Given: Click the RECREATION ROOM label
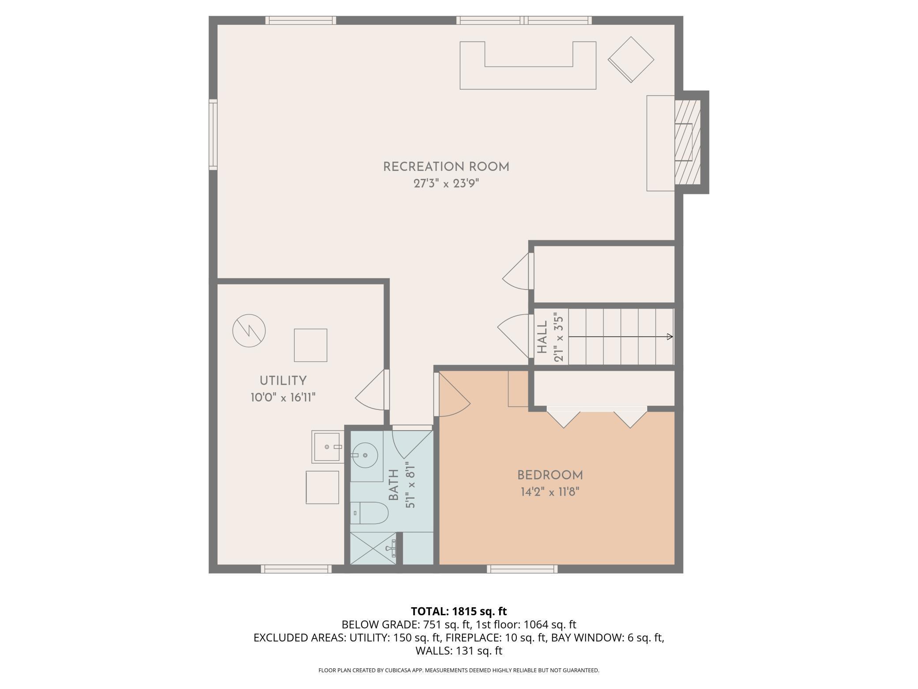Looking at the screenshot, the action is click(x=446, y=167).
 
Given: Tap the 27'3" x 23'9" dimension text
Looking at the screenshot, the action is click(x=446, y=183).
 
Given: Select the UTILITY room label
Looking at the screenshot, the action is click(x=283, y=381).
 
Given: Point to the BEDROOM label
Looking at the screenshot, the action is click(x=550, y=475).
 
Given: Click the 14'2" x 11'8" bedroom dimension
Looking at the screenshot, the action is click(x=550, y=492).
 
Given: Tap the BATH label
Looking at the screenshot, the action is click(x=394, y=485).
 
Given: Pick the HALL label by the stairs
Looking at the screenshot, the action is click(x=542, y=337).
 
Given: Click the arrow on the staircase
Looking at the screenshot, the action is click(x=621, y=337).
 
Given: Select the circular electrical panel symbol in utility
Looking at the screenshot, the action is click(x=249, y=330).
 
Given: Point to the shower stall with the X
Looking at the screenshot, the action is click(x=373, y=548).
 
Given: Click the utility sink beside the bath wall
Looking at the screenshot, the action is click(x=327, y=447).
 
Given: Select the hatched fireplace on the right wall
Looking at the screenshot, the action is click(x=688, y=142).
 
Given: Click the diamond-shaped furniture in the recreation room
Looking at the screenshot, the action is click(x=631, y=60).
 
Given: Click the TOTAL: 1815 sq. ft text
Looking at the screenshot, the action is click(x=459, y=611).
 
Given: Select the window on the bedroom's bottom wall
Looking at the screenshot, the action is click(x=522, y=569).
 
